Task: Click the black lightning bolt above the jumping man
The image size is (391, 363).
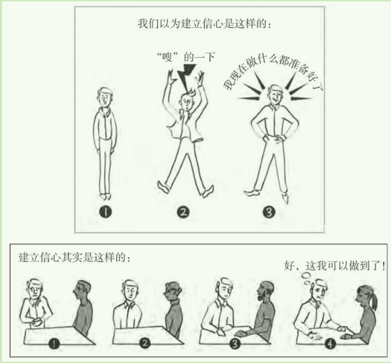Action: [186, 75]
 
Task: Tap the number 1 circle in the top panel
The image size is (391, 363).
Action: [106, 212]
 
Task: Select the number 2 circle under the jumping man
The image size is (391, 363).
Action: [183, 212]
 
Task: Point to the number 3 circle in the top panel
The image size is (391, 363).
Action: [269, 212]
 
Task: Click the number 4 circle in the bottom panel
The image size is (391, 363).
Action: [331, 344]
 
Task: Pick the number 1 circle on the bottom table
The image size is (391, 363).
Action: [54, 344]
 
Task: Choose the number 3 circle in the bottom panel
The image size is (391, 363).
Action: [234, 344]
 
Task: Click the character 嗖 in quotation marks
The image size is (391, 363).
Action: [167, 57]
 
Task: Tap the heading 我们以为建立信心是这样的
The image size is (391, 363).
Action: [204, 24]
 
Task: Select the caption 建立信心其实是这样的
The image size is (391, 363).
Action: [74, 257]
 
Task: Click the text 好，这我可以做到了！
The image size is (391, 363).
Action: [335, 265]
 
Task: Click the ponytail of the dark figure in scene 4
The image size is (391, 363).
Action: [373, 300]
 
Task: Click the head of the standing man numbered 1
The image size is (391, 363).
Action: [105, 97]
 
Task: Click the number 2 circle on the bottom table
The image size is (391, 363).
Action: [145, 344]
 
